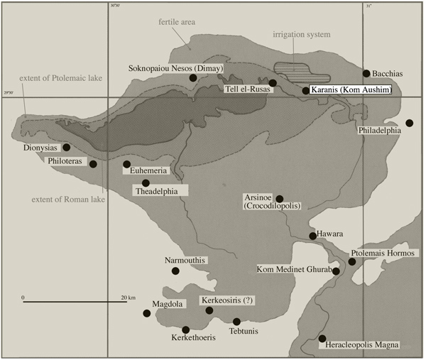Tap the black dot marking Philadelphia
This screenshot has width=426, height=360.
point(410,124)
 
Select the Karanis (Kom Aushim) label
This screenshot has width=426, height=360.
point(348,90)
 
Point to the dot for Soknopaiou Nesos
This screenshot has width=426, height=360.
point(193,78)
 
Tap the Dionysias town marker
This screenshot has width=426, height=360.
point(66,148)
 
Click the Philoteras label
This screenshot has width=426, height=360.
point(67,161)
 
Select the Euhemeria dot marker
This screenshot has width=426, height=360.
point(126,165)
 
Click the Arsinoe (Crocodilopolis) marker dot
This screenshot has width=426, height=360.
point(279,199)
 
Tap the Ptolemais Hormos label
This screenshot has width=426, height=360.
point(383,253)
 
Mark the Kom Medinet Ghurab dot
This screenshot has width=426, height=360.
point(336,271)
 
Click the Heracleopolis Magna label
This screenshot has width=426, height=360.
point(362,344)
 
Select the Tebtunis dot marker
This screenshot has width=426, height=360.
point(236,322)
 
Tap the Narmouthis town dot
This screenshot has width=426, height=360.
point(175,271)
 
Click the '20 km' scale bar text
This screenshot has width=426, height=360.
point(128,297)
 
